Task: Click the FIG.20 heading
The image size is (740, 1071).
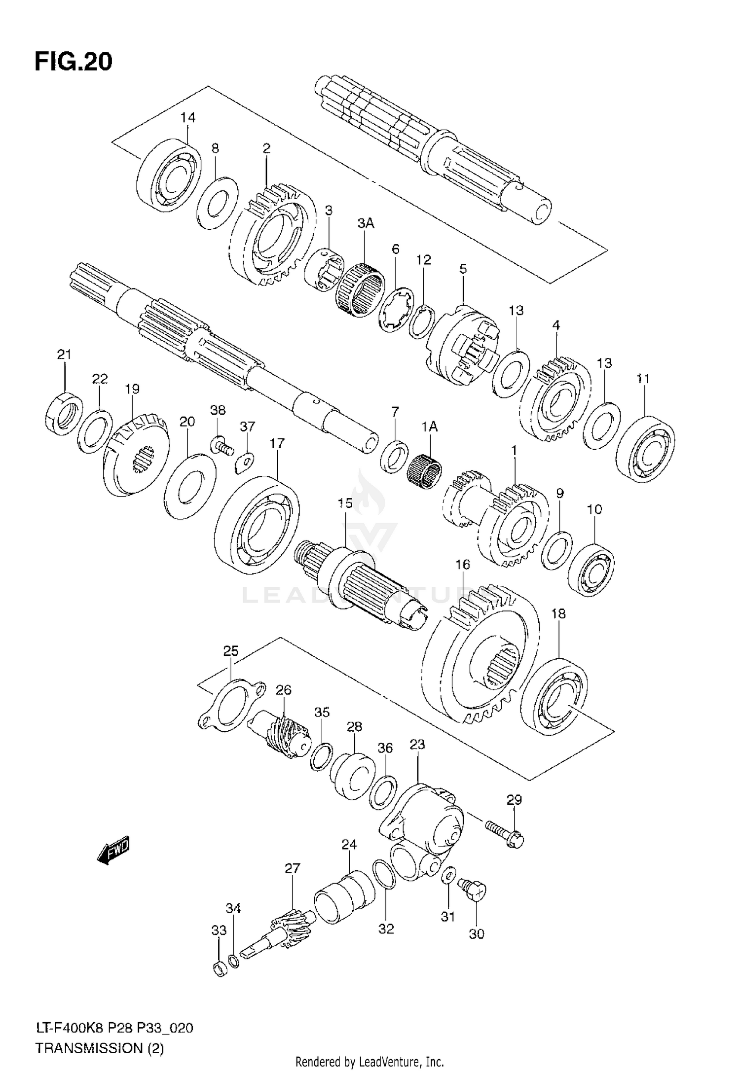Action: coord(74,62)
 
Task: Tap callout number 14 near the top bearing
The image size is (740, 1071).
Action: coord(187,117)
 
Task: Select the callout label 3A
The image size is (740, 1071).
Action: coord(366,223)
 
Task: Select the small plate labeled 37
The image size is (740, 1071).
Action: coord(244,462)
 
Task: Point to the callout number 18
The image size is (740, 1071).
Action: coord(558,614)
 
